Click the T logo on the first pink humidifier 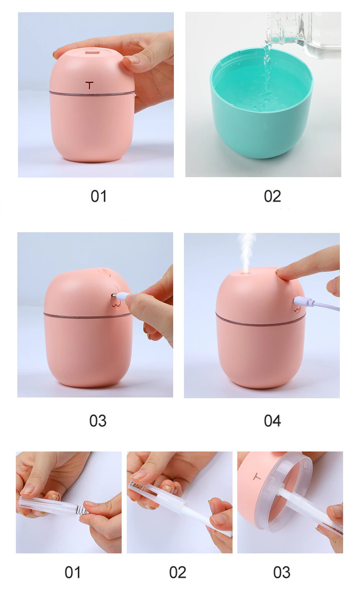[90, 85]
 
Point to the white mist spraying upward [247, 252]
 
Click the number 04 [272, 421]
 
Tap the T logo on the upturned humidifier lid [257, 477]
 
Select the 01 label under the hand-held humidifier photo [98, 197]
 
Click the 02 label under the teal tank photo [272, 197]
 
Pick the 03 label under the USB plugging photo [98, 421]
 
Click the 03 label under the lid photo [282, 572]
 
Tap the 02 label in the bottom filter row [177, 572]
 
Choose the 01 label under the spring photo [72, 572]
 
